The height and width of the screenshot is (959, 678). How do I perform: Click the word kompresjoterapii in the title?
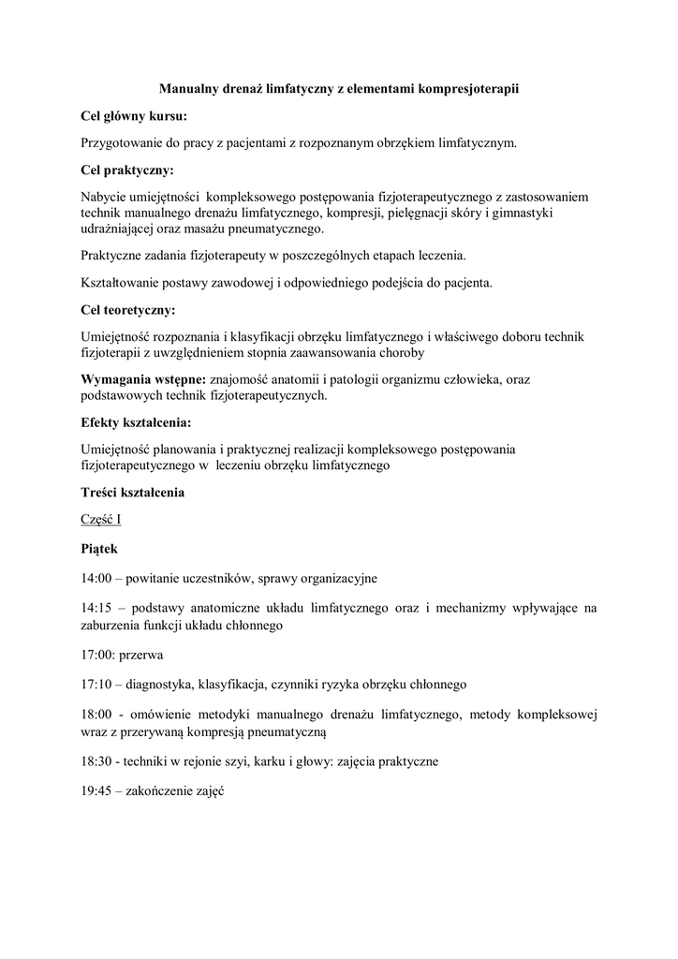coord(465,89)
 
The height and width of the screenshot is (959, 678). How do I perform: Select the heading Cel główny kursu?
coord(134,116)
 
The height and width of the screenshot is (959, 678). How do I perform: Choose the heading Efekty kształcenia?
coord(136,422)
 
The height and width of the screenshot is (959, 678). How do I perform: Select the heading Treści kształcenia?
coord(133,492)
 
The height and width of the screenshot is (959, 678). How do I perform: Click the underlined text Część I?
coord(101,519)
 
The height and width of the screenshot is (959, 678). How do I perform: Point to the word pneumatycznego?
coord(277,228)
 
